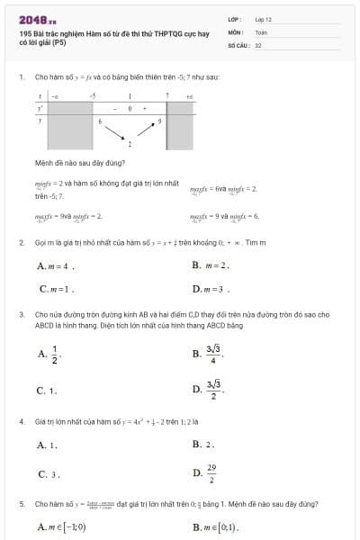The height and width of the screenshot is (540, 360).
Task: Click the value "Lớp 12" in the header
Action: point(263,19)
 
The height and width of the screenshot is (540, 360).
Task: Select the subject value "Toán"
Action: point(261,31)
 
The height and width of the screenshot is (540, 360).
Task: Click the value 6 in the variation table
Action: point(100,120)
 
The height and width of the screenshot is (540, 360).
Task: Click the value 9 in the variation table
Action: point(160,120)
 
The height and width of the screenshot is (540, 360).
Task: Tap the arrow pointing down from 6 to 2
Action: point(114,132)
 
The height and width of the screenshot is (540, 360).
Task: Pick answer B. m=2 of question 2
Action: point(211,265)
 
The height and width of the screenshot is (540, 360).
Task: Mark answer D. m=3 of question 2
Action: point(211,290)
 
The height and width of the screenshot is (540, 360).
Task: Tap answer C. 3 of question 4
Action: point(49,473)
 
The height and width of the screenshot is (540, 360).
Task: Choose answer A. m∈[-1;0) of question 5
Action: point(63,526)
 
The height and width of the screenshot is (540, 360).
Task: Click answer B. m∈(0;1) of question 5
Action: point(215,526)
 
